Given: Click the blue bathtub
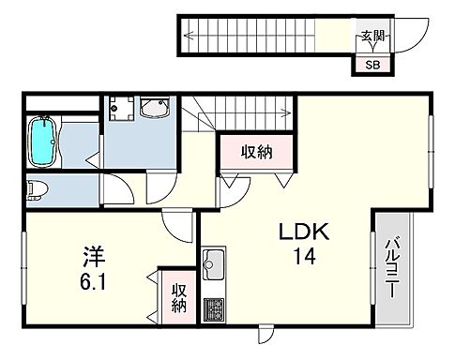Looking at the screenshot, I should pos(43,140).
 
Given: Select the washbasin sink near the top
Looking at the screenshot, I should pos(151,111).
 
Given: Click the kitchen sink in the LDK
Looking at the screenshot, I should pos(212,262).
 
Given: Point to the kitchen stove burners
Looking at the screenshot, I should pos(213,307).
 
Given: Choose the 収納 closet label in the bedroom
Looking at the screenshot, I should pos(178,298).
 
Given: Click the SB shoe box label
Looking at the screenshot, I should pos(372,65).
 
